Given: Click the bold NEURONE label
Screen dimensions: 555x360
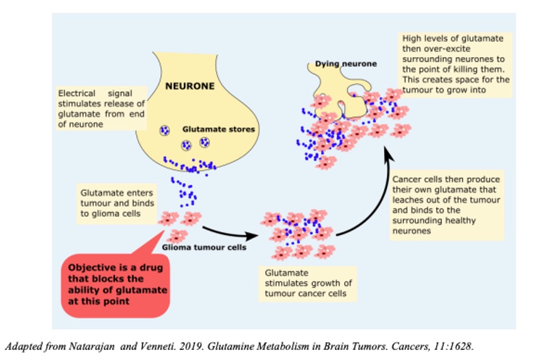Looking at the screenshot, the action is click(x=190, y=86).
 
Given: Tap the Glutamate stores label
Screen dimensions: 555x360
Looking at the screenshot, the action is click(x=218, y=129).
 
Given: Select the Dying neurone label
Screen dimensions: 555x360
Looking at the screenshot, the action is click(x=346, y=64).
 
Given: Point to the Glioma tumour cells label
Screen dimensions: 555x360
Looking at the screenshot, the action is click(x=204, y=247).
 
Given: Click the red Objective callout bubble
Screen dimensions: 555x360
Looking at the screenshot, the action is click(x=115, y=284).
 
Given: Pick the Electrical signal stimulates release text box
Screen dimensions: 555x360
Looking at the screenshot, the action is click(x=101, y=109).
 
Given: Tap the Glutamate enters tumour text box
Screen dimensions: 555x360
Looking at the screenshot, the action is click(x=117, y=203).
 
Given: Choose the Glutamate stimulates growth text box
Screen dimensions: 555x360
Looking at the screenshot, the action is click(x=308, y=284).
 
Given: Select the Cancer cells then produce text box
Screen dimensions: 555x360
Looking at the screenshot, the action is click(x=447, y=205).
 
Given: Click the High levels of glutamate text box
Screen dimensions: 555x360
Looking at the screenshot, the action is click(x=456, y=64).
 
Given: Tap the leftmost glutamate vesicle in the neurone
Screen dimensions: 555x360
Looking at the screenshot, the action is click(x=165, y=130).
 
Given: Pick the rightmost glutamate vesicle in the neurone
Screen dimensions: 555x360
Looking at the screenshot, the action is click(x=205, y=142).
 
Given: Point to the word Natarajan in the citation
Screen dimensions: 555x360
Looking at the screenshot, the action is click(x=92, y=346).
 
